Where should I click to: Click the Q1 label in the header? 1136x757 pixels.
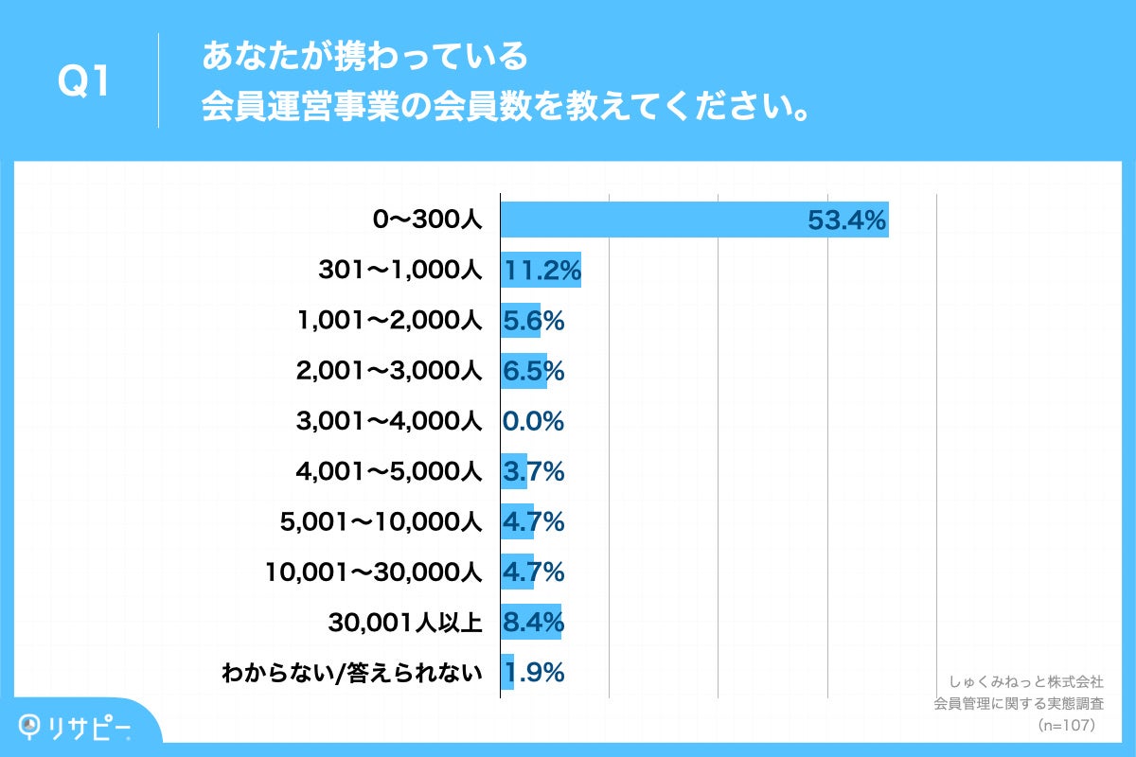85,83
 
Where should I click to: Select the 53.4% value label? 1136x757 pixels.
845,220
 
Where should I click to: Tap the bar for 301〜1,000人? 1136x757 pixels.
541,271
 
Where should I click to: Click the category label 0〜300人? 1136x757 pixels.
428,220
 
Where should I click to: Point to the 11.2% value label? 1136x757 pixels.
541,271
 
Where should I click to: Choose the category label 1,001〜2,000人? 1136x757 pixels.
390,321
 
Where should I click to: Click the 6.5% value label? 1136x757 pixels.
533,371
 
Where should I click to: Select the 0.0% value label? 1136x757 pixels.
533,421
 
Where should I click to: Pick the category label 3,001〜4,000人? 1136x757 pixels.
390,421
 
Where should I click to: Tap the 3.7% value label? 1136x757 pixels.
533,471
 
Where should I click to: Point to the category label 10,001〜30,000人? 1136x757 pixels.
376,572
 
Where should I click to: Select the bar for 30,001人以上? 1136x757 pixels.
531,623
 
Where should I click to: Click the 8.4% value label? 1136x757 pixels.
533,623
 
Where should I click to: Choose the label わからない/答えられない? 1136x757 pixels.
352,674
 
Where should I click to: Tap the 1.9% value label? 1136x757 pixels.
535,673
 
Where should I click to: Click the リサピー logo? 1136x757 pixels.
76,726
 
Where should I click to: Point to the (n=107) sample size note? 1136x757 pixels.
1066,725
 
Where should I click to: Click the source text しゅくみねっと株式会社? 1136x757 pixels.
1025,681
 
